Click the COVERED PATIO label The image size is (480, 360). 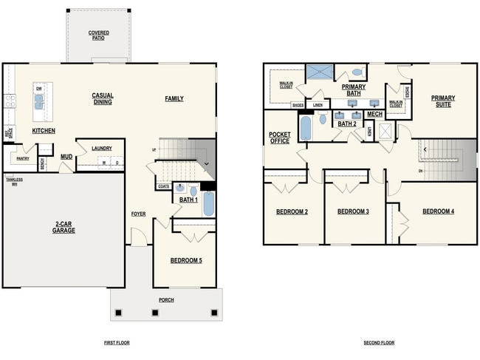[99, 35]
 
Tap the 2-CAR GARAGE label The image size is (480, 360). [64, 227]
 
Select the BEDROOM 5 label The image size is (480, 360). [186, 260]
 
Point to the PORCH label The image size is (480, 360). [166, 300]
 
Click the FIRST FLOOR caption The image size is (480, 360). [118, 343]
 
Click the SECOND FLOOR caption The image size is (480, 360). [379, 343]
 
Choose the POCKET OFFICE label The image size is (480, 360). [279, 137]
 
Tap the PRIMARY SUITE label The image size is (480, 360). [443, 101]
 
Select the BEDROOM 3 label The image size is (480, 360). [353, 212]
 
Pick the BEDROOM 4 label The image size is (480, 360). [438, 212]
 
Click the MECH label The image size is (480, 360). [374, 115]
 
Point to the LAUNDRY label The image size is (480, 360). [101, 149]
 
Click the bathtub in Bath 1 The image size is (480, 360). [208, 203]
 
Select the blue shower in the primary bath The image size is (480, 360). [318, 72]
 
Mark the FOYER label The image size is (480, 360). [139, 214]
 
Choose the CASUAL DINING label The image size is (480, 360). [102, 98]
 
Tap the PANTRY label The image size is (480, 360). [22, 158]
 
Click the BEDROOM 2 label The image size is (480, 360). [292, 212]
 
